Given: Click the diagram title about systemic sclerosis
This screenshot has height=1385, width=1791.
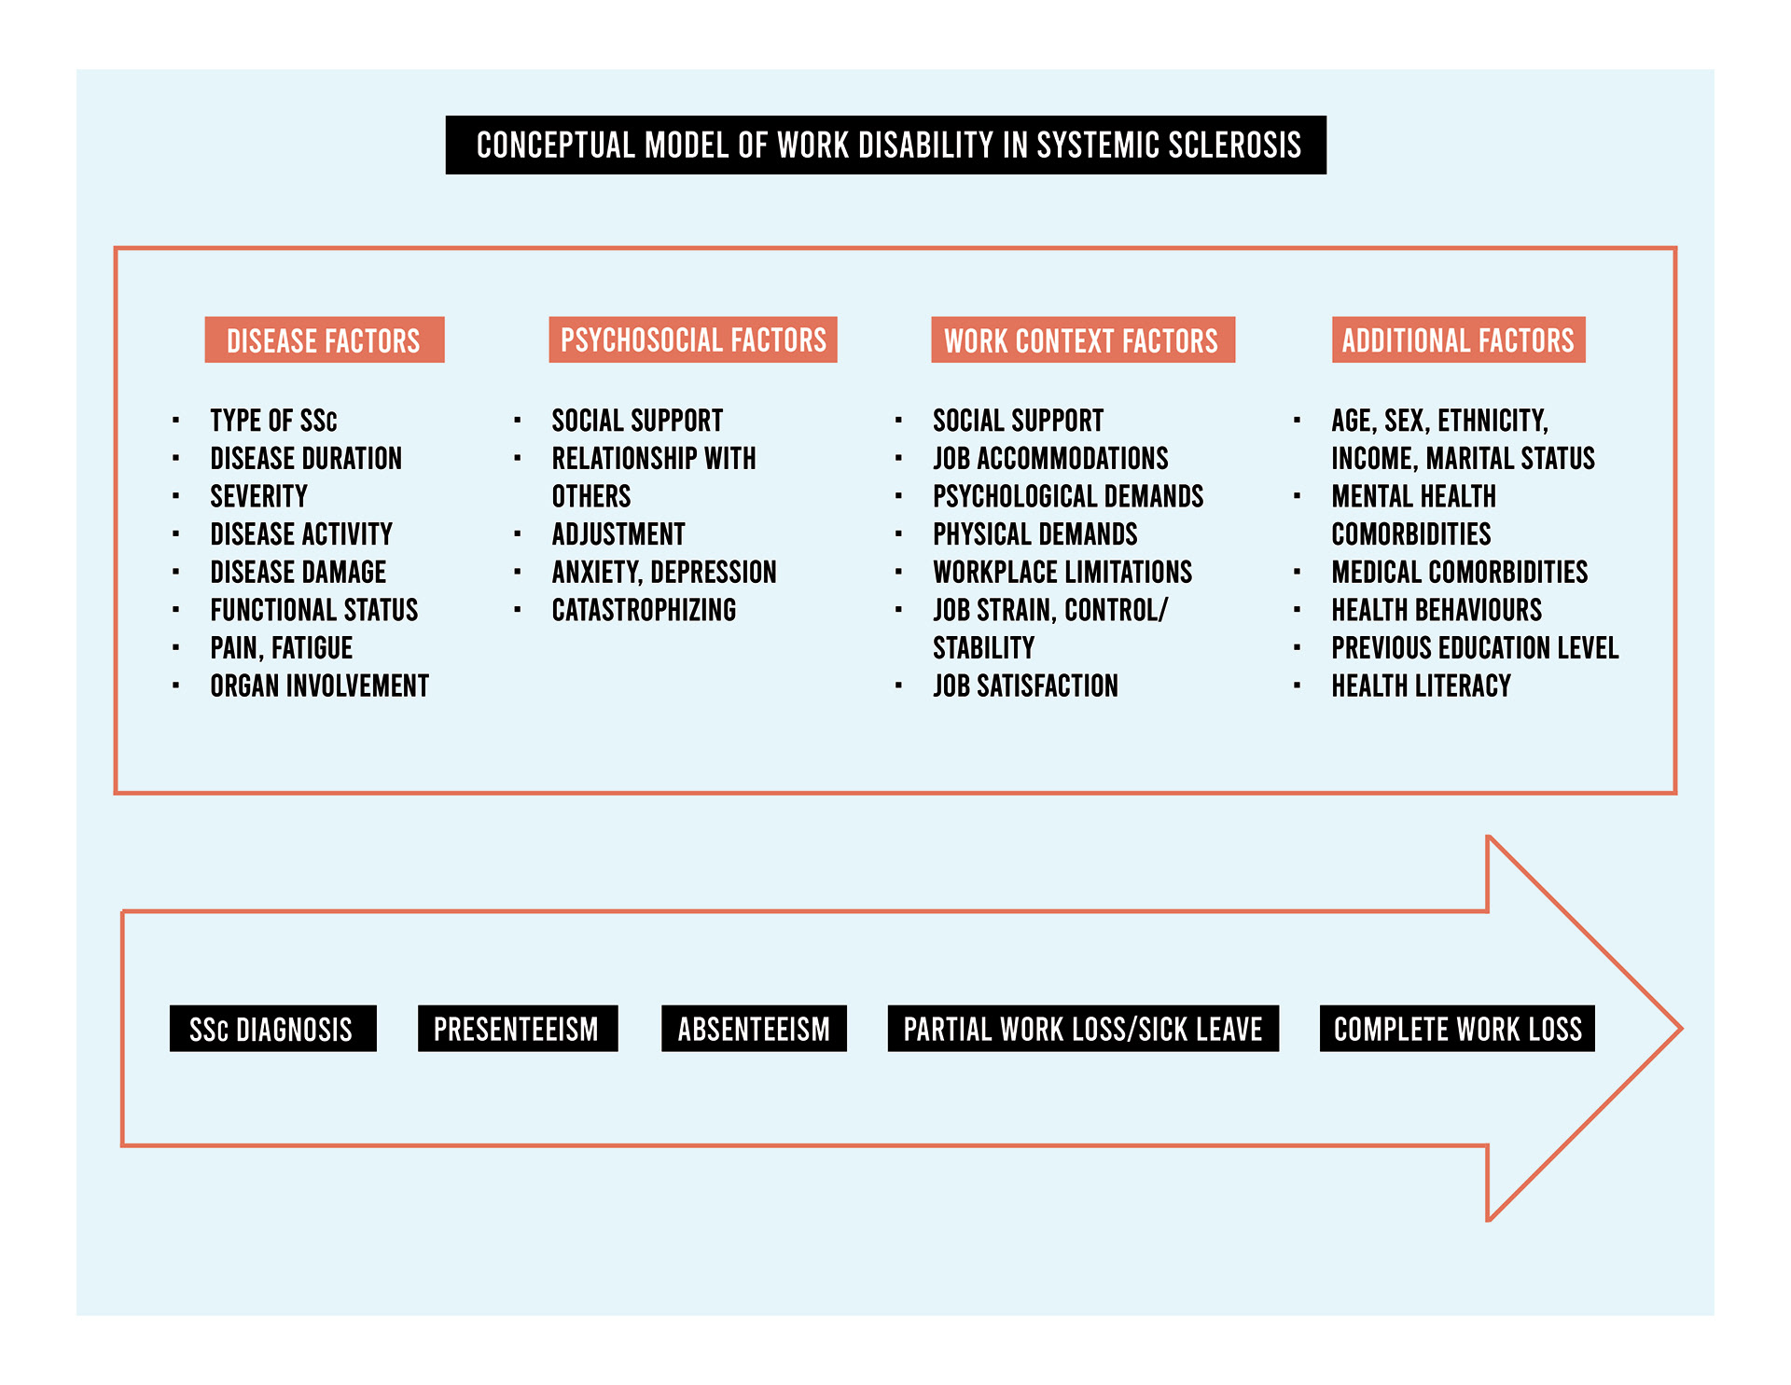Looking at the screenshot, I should click(886, 145).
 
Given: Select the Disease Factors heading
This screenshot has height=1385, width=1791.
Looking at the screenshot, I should click(324, 340).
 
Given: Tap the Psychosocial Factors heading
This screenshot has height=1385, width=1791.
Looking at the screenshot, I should click(693, 340).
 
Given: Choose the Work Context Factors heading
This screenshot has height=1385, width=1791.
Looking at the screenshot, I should click(1082, 340).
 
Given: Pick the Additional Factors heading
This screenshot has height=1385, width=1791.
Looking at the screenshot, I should click(1458, 340).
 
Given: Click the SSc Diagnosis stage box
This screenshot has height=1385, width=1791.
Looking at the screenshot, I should click(272, 1029).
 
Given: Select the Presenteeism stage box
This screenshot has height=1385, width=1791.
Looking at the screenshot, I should click(517, 1029).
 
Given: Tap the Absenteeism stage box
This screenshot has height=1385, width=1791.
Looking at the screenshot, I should click(754, 1029).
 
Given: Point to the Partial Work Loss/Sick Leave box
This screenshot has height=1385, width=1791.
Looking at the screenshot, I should click(1083, 1029).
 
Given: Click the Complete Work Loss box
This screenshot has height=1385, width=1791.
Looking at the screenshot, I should click(1457, 1029).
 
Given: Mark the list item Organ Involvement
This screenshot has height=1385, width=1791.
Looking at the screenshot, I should click(319, 686).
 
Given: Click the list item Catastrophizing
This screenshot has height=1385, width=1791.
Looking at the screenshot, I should click(644, 611).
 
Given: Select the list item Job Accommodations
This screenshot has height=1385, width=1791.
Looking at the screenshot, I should click(1050, 459).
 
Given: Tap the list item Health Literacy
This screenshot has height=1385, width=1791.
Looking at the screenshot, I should click(1421, 686).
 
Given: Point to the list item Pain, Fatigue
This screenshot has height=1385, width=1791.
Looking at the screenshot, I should click(281, 648).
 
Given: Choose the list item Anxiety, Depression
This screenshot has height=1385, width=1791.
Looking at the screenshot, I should click(663, 573).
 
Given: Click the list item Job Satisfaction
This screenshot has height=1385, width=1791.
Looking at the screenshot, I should click(1025, 686).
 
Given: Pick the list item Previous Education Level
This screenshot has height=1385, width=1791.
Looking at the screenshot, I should click(1474, 648).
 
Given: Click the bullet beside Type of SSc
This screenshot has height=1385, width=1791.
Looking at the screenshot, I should click(175, 421).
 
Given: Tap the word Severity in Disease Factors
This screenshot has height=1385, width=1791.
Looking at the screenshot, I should click(258, 496).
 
